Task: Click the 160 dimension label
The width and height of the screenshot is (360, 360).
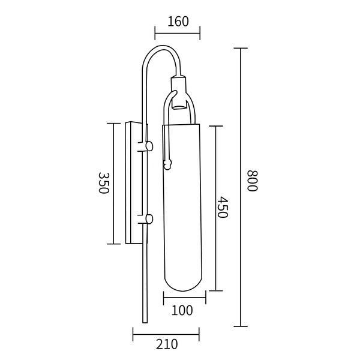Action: (x=178, y=22)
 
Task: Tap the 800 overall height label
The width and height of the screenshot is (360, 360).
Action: (x=252, y=181)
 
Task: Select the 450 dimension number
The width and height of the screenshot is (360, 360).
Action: (x=222, y=207)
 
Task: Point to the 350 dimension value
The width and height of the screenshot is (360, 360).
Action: (x=102, y=183)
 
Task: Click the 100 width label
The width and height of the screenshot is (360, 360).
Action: (x=182, y=310)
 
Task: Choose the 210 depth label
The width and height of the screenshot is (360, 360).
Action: (x=166, y=344)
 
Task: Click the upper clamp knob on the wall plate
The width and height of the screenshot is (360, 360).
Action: (x=148, y=146)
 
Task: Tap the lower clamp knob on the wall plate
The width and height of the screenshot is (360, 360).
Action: (x=148, y=219)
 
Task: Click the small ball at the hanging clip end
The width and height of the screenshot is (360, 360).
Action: (x=168, y=162)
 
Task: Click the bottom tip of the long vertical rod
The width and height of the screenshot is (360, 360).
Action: (x=144, y=321)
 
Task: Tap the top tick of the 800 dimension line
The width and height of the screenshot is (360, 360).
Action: (x=241, y=48)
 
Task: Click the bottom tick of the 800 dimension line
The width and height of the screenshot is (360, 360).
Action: (x=241, y=326)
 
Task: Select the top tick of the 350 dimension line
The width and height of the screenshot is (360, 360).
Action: (x=113, y=123)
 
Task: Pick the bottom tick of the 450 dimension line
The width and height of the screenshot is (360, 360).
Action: (x=215, y=291)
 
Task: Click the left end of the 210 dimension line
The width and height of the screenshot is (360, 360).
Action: (x=133, y=334)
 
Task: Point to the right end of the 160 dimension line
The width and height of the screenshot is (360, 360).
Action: (x=200, y=32)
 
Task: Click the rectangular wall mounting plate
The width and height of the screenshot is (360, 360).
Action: (x=132, y=183)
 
